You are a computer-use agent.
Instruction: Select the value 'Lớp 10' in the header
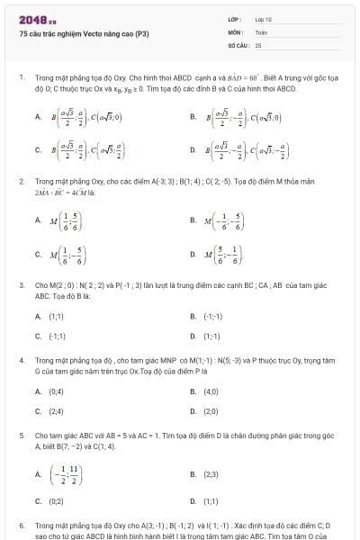coord(263,19)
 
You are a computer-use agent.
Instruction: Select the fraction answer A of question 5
coord(67,473)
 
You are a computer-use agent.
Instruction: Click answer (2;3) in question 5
coord(211,473)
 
